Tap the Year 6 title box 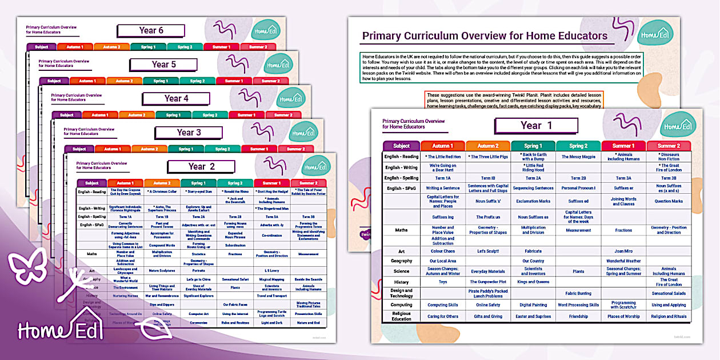[151, 31]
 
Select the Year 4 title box [176, 98]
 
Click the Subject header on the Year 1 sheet [401, 146]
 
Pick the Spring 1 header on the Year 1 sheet [533, 146]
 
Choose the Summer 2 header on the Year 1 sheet [669, 146]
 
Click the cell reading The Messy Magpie [578, 157]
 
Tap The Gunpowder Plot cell [487, 282]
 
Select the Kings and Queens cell [533, 282]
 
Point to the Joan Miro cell [623, 251]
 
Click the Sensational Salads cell [669, 293]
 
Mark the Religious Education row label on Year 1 [401, 316]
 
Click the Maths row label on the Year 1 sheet [401, 230]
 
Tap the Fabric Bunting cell [578, 293]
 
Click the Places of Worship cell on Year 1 [623, 316]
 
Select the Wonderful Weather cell [623, 261]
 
